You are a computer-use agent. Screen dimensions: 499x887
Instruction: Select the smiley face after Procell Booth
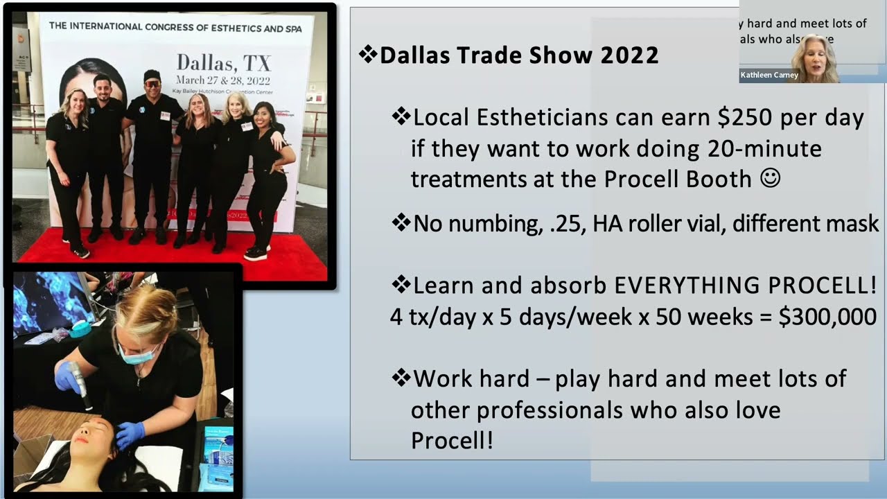tap(770, 178)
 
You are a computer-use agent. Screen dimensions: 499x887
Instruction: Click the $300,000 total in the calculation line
tap(827, 317)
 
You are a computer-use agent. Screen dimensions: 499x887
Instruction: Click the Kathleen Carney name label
tap(769, 75)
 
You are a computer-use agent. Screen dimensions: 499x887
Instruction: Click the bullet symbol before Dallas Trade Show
tap(367, 55)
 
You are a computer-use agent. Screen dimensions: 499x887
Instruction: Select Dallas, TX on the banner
tap(223, 64)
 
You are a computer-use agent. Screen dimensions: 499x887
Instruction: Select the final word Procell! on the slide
tap(452, 440)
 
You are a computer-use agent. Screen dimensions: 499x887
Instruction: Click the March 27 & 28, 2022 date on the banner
tap(223, 80)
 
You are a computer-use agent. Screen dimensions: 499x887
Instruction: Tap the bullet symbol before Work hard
tap(401, 378)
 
